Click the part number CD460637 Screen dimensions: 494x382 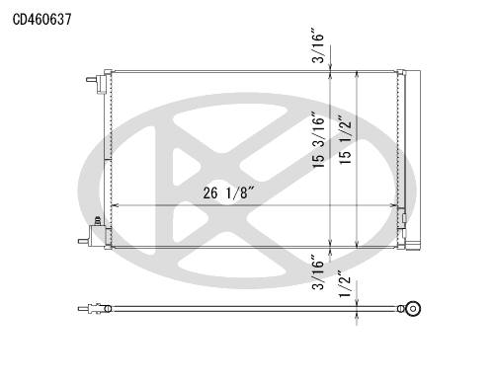(41, 20)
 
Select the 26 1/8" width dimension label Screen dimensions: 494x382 (229, 192)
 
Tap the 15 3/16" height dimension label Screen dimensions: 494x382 (319, 140)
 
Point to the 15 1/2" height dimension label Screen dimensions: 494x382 (346, 139)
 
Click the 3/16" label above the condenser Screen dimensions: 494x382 (319, 47)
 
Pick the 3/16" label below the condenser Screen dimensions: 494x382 (319, 271)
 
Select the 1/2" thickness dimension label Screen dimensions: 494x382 (346, 284)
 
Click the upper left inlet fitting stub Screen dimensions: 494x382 (91, 80)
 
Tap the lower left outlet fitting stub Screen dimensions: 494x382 (83, 241)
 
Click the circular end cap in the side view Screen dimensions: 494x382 (413, 309)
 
